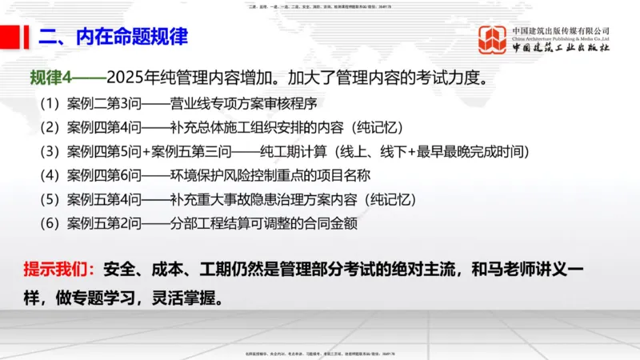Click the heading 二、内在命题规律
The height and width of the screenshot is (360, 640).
pos(113,37)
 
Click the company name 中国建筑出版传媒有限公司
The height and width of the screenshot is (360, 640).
pos(561,30)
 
